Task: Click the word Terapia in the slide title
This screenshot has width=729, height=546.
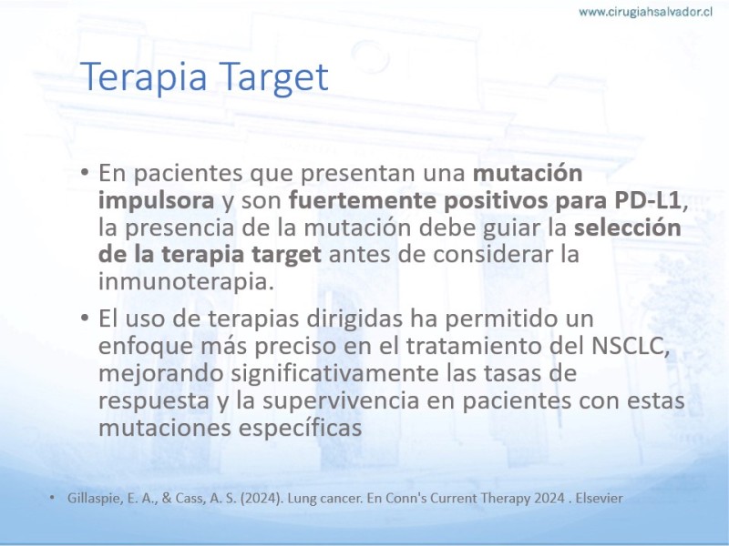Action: click(144, 77)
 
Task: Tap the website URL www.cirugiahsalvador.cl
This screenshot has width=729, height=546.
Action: click(646, 12)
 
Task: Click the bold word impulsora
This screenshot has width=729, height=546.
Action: click(156, 200)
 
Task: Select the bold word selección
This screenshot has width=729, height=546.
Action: click(628, 227)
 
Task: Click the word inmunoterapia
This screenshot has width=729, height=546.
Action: click(186, 281)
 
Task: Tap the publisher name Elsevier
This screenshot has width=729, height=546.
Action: click(600, 498)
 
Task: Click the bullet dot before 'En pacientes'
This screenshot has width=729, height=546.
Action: click(84, 173)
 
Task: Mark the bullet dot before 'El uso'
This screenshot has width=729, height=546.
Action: click(84, 318)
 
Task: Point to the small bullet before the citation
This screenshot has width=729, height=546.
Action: click(52, 498)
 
